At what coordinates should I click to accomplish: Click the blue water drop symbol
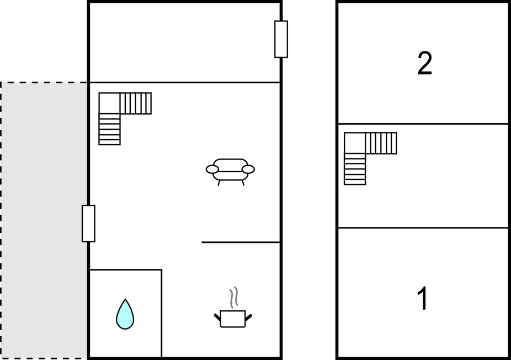pyautogui.click(x=125, y=314)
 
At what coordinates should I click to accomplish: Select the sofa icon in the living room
pyautogui.click(x=230, y=172)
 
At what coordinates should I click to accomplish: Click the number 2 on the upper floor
pyautogui.click(x=425, y=63)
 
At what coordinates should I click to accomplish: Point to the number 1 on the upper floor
pyautogui.click(x=423, y=298)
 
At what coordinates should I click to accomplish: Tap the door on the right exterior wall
pyautogui.click(x=281, y=39)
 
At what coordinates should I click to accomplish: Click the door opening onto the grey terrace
pyautogui.click(x=88, y=224)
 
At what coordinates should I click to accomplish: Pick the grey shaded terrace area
pyautogui.click(x=44, y=220)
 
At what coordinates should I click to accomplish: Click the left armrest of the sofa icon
pyautogui.click(x=212, y=170)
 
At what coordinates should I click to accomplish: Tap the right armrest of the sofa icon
pyautogui.click(x=248, y=170)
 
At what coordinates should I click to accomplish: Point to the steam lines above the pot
pyautogui.click(x=233, y=298)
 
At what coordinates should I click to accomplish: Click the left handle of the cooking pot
pyautogui.click(x=217, y=316)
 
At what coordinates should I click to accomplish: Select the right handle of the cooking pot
pyautogui.click(x=248, y=316)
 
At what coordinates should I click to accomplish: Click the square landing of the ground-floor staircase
pyautogui.click(x=109, y=103)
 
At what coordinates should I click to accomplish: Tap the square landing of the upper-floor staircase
pyautogui.click(x=355, y=143)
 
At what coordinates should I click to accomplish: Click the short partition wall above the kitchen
pyautogui.click(x=241, y=242)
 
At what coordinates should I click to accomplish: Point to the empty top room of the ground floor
pyautogui.click(x=185, y=43)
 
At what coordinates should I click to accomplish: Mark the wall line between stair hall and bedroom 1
pyautogui.click(x=423, y=227)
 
